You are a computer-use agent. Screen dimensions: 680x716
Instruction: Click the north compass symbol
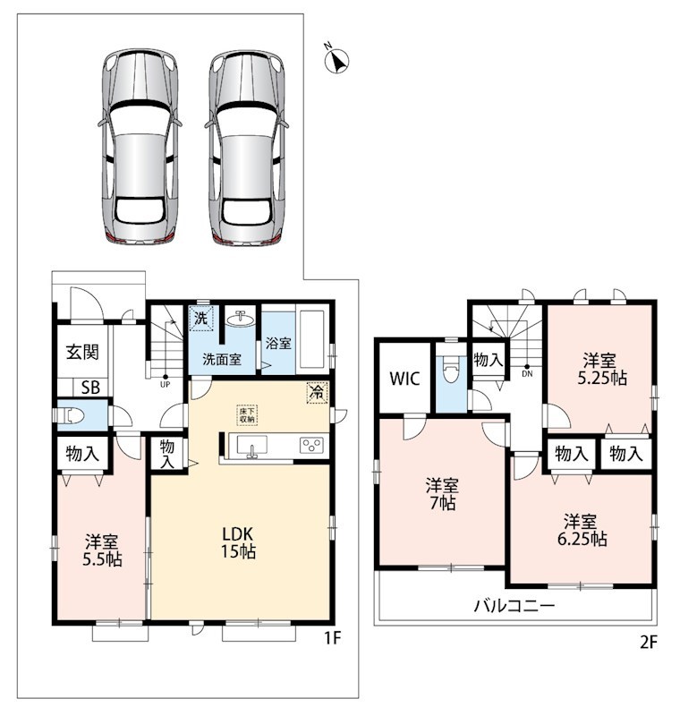pyautogui.click(x=336, y=60)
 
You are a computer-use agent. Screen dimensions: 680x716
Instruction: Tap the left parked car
pyautogui.click(x=140, y=146)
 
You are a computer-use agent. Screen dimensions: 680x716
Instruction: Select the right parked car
pyautogui.click(x=247, y=146)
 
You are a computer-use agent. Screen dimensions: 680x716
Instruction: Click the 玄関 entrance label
pyautogui.click(x=82, y=352)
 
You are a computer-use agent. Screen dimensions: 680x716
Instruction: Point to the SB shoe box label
pyautogui.click(x=90, y=388)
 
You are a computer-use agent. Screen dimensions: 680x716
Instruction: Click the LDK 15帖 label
pyautogui.click(x=238, y=542)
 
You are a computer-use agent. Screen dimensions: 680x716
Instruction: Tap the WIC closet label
pyautogui.click(x=404, y=379)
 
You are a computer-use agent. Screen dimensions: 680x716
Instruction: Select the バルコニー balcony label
pyautogui.click(x=514, y=606)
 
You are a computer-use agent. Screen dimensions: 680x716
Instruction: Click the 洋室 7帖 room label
pyautogui.click(x=442, y=494)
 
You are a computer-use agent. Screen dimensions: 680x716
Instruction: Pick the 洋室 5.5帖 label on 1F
pyautogui.click(x=102, y=550)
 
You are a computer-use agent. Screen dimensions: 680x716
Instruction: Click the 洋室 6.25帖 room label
pyautogui.click(x=582, y=530)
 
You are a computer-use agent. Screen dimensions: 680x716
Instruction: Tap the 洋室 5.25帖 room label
pyautogui.click(x=601, y=370)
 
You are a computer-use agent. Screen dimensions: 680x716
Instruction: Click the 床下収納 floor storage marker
pyautogui.click(x=248, y=414)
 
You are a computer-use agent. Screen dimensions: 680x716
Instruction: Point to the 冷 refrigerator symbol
pyautogui.click(x=318, y=392)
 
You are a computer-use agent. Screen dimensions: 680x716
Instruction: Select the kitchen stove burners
pyautogui.click(x=312, y=445)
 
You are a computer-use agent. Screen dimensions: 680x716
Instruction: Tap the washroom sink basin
pyautogui.click(x=240, y=319)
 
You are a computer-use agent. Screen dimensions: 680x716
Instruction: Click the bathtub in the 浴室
pyautogui.click(x=311, y=339)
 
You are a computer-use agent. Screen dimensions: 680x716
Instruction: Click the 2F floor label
pyautogui.click(x=648, y=643)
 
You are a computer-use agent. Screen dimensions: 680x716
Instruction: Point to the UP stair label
pyautogui.click(x=166, y=385)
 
